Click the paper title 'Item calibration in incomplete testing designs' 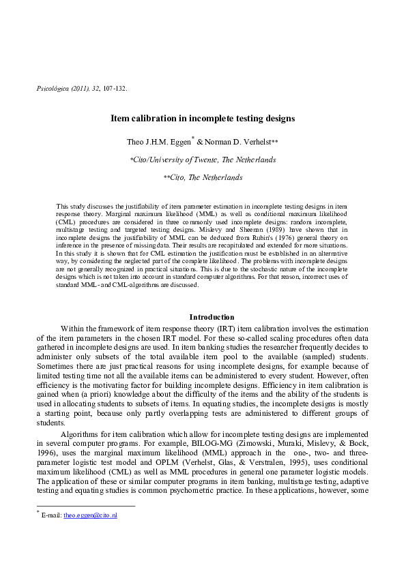coord(203,118)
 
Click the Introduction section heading coord(212,317)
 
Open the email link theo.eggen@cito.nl coord(90,515)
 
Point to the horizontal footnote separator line coord(85,506)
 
